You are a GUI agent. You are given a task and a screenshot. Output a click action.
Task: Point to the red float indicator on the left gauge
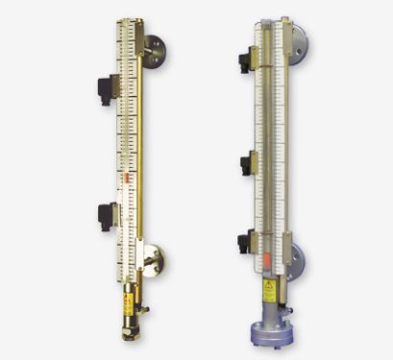[127, 179]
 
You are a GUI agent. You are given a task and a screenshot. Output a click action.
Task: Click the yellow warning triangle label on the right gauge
[270, 287]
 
